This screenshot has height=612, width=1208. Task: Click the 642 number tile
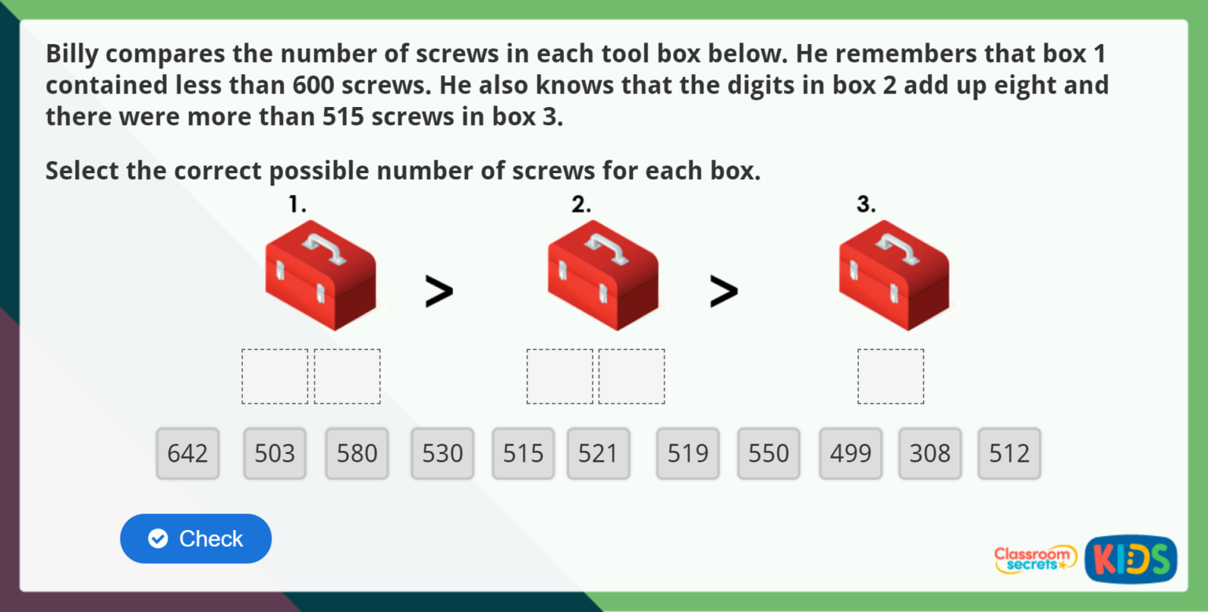pos(188,453)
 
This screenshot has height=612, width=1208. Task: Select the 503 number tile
pos(275,453)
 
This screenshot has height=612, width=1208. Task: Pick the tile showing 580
pos(357,453)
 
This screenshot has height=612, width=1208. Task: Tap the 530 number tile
pos(442,453)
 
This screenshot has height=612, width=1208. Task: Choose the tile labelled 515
pos(523,453)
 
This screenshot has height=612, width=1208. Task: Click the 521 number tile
pos(598,453)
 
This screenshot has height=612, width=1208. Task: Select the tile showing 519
pos(688,453)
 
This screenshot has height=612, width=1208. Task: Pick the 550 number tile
pos(768,453)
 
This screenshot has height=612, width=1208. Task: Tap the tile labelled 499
pos(850,453)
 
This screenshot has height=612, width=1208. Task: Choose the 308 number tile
pos(930,453)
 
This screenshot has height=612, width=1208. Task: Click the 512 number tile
pos(1009,453)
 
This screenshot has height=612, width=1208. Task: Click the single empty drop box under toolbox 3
pos(890,377)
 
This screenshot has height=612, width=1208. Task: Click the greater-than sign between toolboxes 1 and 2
pos(439,291)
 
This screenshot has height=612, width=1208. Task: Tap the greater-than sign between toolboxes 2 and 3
pos(724,291)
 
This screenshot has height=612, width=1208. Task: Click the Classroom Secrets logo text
pos(1034,559)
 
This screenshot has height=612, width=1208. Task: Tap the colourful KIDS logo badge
pos(1130,559)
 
